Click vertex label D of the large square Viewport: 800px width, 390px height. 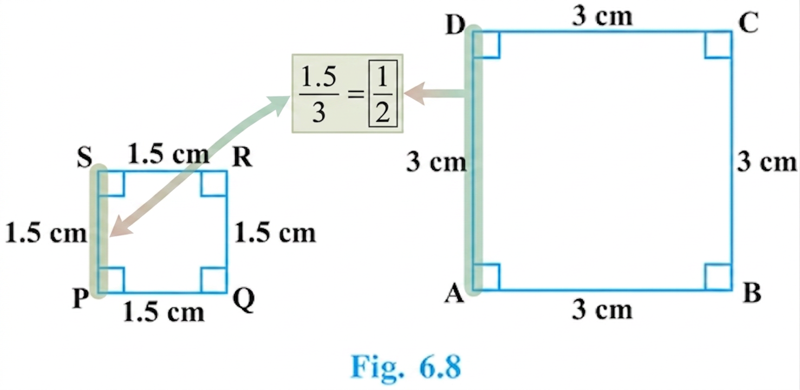(x=456, y=25)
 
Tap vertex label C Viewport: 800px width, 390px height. (x=749, y=24)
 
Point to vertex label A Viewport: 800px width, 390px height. (x=454, y=294)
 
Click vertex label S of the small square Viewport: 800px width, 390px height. (x=84, y=158)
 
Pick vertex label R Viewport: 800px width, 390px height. (x=243, y=157)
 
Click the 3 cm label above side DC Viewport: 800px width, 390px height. (x=602, y=16)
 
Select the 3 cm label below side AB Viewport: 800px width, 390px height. (x=602, y=310)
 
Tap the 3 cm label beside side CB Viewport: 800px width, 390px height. (x=767, y=162)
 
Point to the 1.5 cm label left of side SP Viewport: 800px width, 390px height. (x=47, y=234)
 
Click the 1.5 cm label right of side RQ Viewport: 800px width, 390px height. (x=275, y=234)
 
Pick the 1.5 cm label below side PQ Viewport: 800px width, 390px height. (x=164, y=312)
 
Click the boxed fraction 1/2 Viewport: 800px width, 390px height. (x=383, y=94)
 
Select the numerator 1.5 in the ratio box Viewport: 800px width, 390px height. (x=318, y=77)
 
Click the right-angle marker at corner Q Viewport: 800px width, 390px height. (x=213, y=280)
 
